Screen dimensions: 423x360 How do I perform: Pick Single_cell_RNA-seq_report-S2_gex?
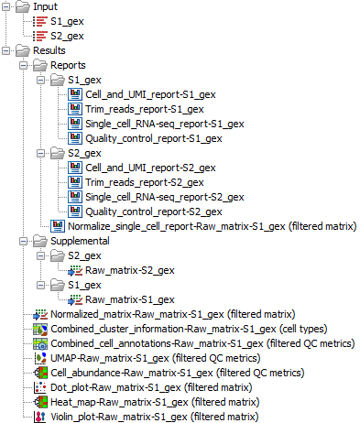tap(164, 197)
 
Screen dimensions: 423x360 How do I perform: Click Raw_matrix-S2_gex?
tap(129, 270)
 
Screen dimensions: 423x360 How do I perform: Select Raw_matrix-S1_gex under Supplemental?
tap(129, 299)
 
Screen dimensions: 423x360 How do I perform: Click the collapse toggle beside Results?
tap(8, 50)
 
